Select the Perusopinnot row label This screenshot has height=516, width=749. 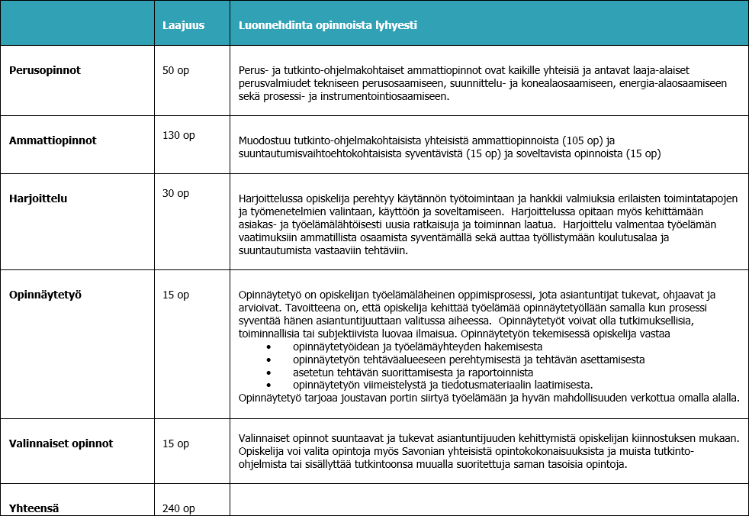(45, 70)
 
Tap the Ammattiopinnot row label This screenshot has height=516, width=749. (53, 140)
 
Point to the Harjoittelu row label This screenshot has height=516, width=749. (38, 198)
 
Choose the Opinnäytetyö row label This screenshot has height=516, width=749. (46, 295)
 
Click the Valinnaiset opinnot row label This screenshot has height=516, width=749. (61, 443)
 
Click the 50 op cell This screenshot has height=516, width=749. (175, 70)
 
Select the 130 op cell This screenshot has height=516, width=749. (178, 135)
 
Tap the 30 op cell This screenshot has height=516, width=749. (175, 193)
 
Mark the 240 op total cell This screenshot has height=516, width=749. (178, 508)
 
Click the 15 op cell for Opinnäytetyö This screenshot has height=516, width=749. (175, 295)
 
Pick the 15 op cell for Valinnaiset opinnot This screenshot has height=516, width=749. (175, 443)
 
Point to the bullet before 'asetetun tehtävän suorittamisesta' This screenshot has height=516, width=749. (269, 372)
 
